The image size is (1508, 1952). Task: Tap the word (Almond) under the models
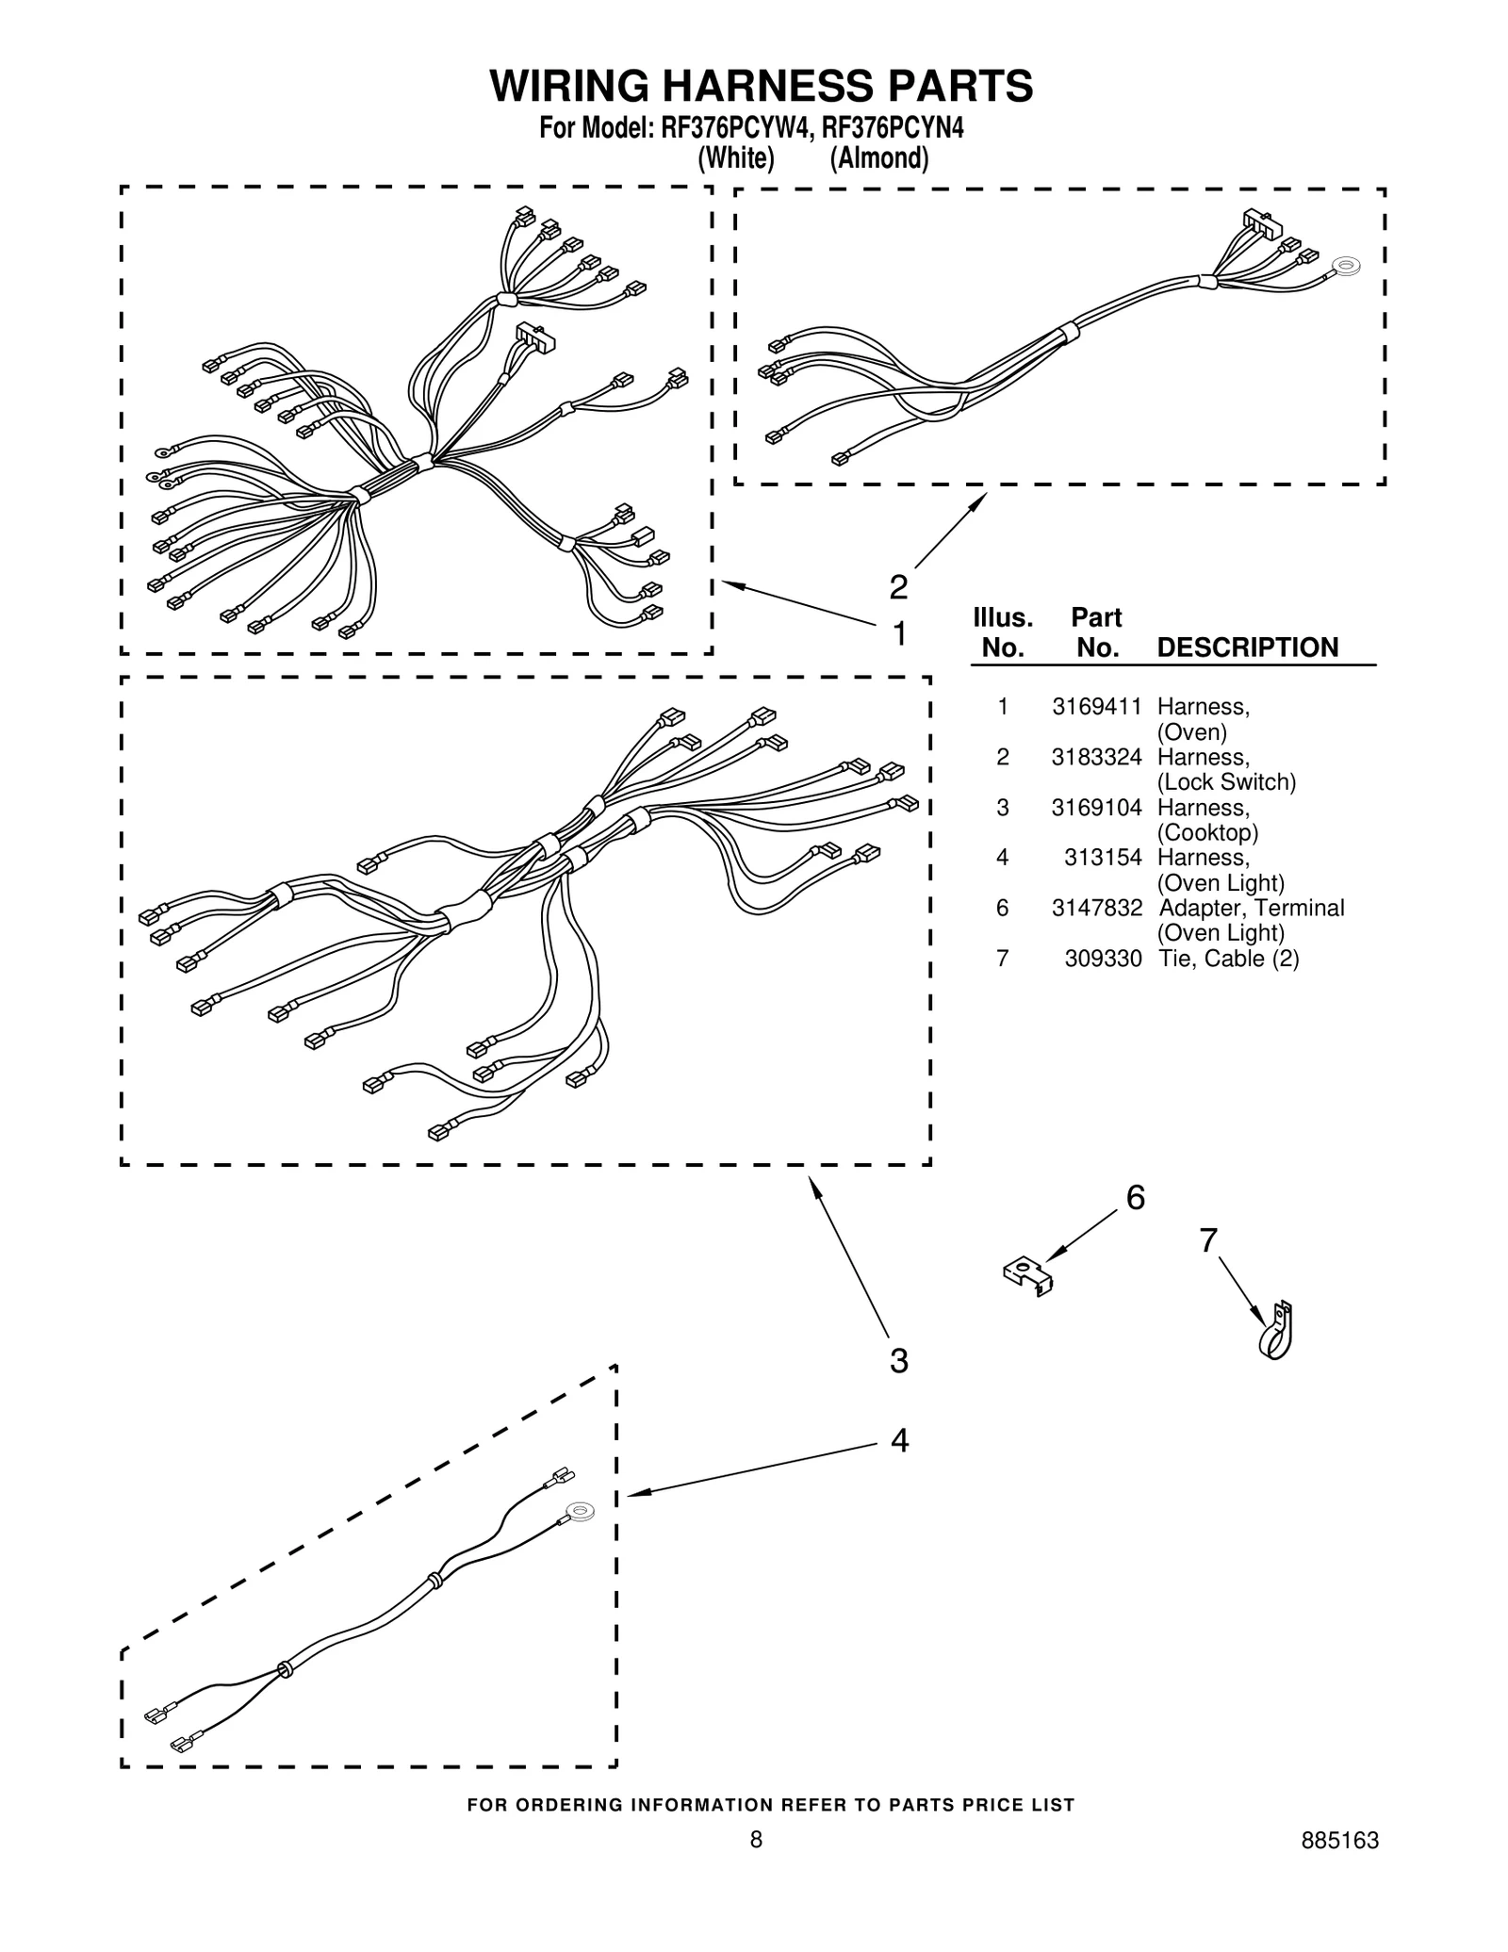coord(878,158)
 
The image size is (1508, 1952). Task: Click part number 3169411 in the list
coord(1096,707)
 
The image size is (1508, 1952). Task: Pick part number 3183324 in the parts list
coord(1096,757)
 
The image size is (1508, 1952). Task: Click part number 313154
coord(1103,858)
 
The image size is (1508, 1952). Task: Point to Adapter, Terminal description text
coord(1251,908)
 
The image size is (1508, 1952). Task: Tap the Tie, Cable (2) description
coord(1228,959)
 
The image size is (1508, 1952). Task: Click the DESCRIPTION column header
coord(1247,648)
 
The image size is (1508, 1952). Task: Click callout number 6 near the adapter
coord(1136,1198)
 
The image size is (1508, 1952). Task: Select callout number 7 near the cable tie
coord(1208,1240)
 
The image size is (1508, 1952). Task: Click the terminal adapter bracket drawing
coord(1028,1276)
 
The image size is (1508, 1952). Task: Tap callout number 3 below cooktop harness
coord(899,1361)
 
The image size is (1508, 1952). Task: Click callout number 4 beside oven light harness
coord(899,1440)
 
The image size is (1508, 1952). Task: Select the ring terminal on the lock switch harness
coord(1347,268)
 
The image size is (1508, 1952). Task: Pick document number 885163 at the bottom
coord(1339,1866)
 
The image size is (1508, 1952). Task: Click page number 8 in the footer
coord(756,1866)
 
